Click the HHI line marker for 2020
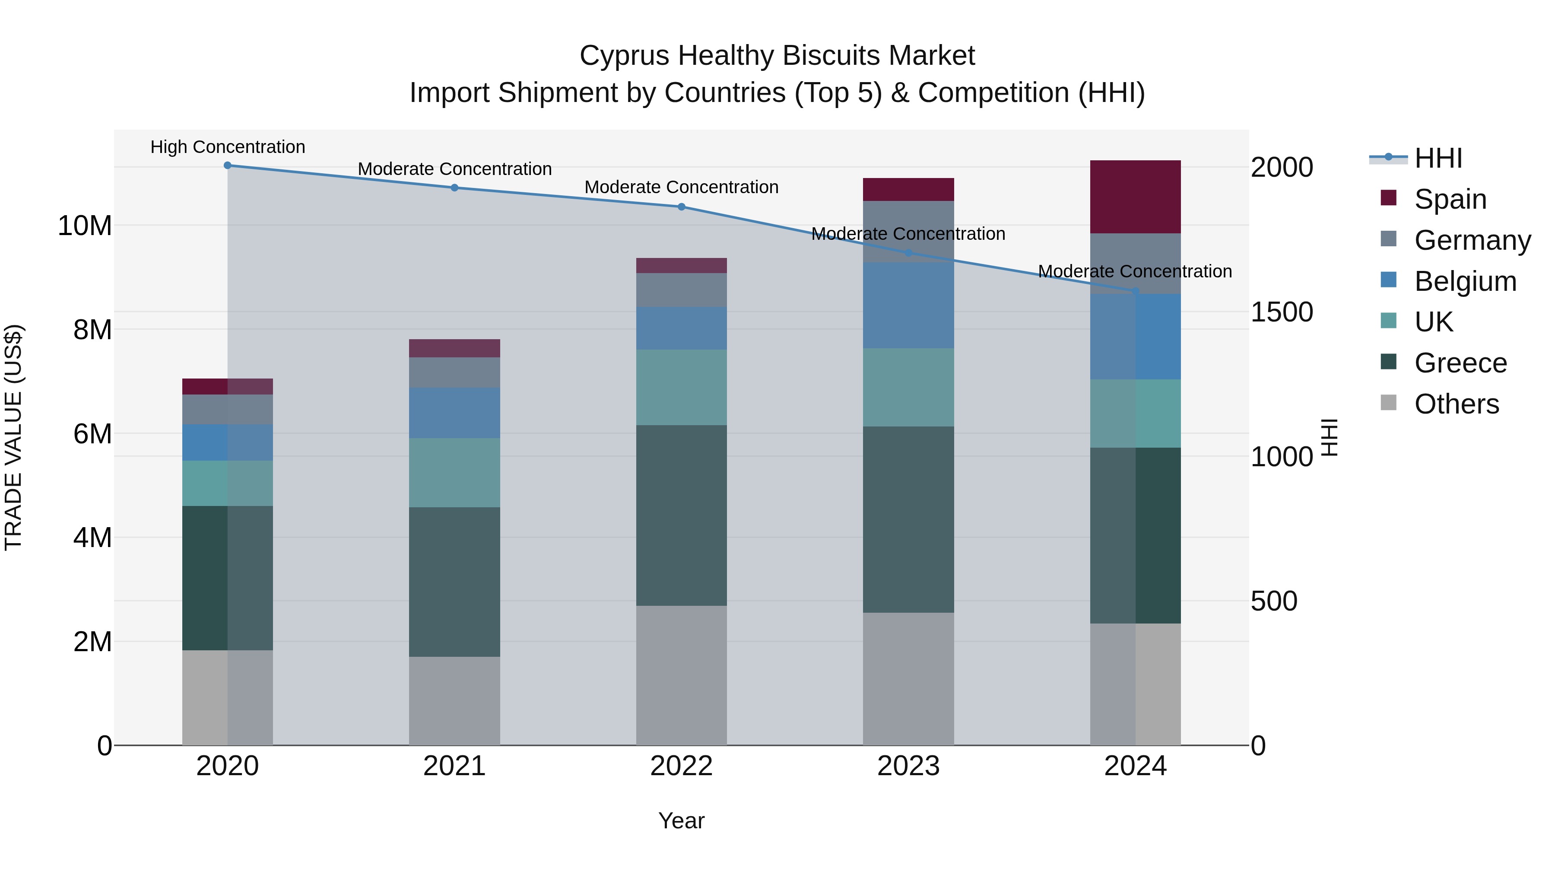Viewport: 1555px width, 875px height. click(228, 165)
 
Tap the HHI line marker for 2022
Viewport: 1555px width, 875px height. click(682, 207)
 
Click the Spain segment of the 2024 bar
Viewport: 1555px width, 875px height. click(1136, 197)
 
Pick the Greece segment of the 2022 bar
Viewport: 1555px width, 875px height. click(682, 515)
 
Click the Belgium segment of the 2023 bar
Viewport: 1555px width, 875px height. click(908, 305)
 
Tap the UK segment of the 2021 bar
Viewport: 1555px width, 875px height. click(454, 472)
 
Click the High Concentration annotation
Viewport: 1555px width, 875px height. click(228, 147)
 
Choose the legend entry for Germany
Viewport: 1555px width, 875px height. click(1472, 240)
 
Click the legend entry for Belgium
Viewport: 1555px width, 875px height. click(1465, 281)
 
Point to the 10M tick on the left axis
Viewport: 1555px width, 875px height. click(85, 226)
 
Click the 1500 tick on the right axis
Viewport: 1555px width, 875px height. click(1282, 312)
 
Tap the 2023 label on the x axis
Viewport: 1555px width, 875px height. click(908, 766)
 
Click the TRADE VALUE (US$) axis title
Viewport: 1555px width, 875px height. click(13, 437)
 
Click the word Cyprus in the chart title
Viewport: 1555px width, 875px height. click(624, 56)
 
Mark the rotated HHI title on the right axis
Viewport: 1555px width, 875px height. click(1330, 437)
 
